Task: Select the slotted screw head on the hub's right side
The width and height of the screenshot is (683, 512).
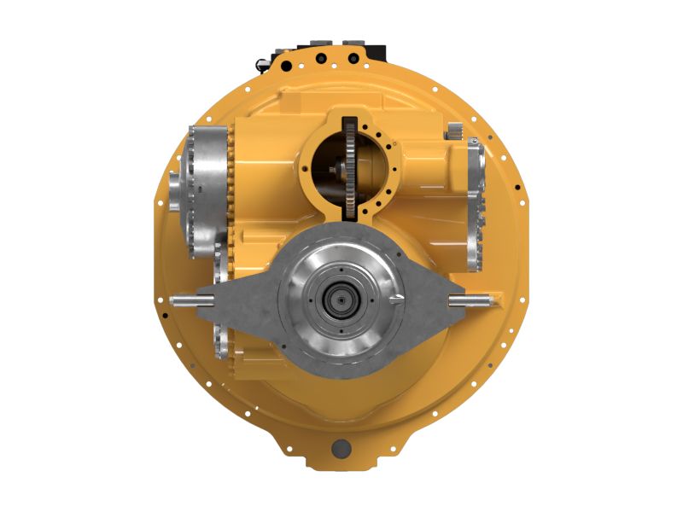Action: pos(396,298)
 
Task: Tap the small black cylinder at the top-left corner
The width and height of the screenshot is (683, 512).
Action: pos(261,62)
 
